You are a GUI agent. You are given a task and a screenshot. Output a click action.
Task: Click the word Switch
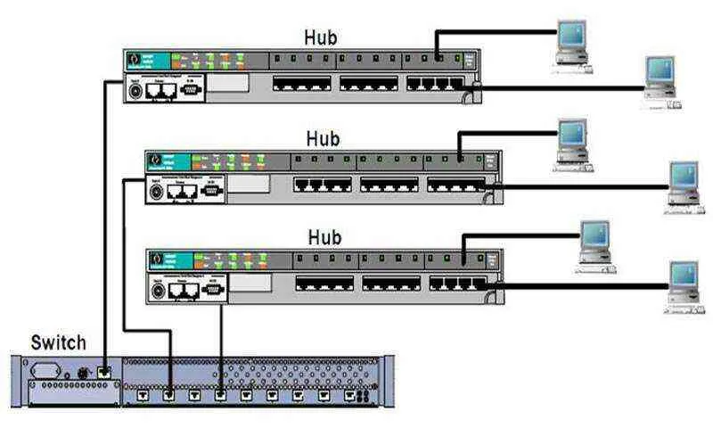[59, 342]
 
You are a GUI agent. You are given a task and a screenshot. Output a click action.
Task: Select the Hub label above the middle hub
[324, 139]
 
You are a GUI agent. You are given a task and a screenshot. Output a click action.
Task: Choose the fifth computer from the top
[593, 242]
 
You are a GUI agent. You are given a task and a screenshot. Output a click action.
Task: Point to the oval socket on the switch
[45, 369]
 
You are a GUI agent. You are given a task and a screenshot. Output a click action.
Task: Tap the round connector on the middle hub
[156, 190]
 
